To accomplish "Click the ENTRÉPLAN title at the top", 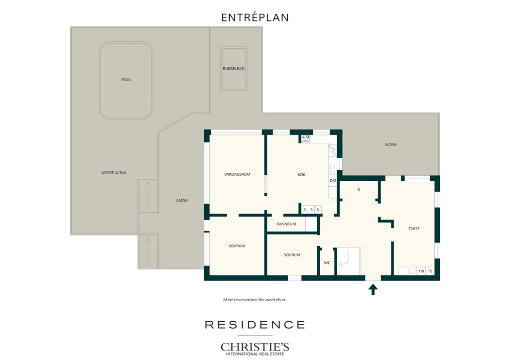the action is pyautogui.click(x=255, y=17).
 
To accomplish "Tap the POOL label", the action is pyautogui.click(x=127, y=80).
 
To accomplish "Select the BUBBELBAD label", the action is pyautogui.click(x=234, y=69).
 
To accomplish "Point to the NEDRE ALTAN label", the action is pyautogui.click(x=114, y=173).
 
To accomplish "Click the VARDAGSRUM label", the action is pyautogui.click(x=237, y=174).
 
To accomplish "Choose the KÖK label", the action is pyautogui.click(x=301, y=175).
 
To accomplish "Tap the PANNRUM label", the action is pyautogui.click(x=286, y=224).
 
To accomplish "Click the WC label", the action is pyautogui.click(x=327, y=263).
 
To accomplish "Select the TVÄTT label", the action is pyautogui.click(x=414, y=229).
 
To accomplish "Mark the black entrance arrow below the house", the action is pyautogui.click(x=373, y=289).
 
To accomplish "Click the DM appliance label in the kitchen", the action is pyautogui.click(x=333, y=181).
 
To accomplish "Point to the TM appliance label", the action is pyautogui.click(x=421, y=271).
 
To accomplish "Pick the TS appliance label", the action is pyautogui.click(x=430, y=271).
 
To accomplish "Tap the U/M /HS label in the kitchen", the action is pyautogui.click(x=305, y=139).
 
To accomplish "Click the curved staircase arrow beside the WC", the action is pyautogui.click(x=345, y=258).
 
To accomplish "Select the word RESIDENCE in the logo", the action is pyautogui.click(x=255, y=325).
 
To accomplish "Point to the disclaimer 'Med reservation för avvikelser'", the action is pyautogui.click(x=255, y=300).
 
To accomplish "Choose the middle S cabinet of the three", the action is pyautogui.click(x=311, y=210).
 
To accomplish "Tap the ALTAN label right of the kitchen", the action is pyautogui.click(x=390, y=145).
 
